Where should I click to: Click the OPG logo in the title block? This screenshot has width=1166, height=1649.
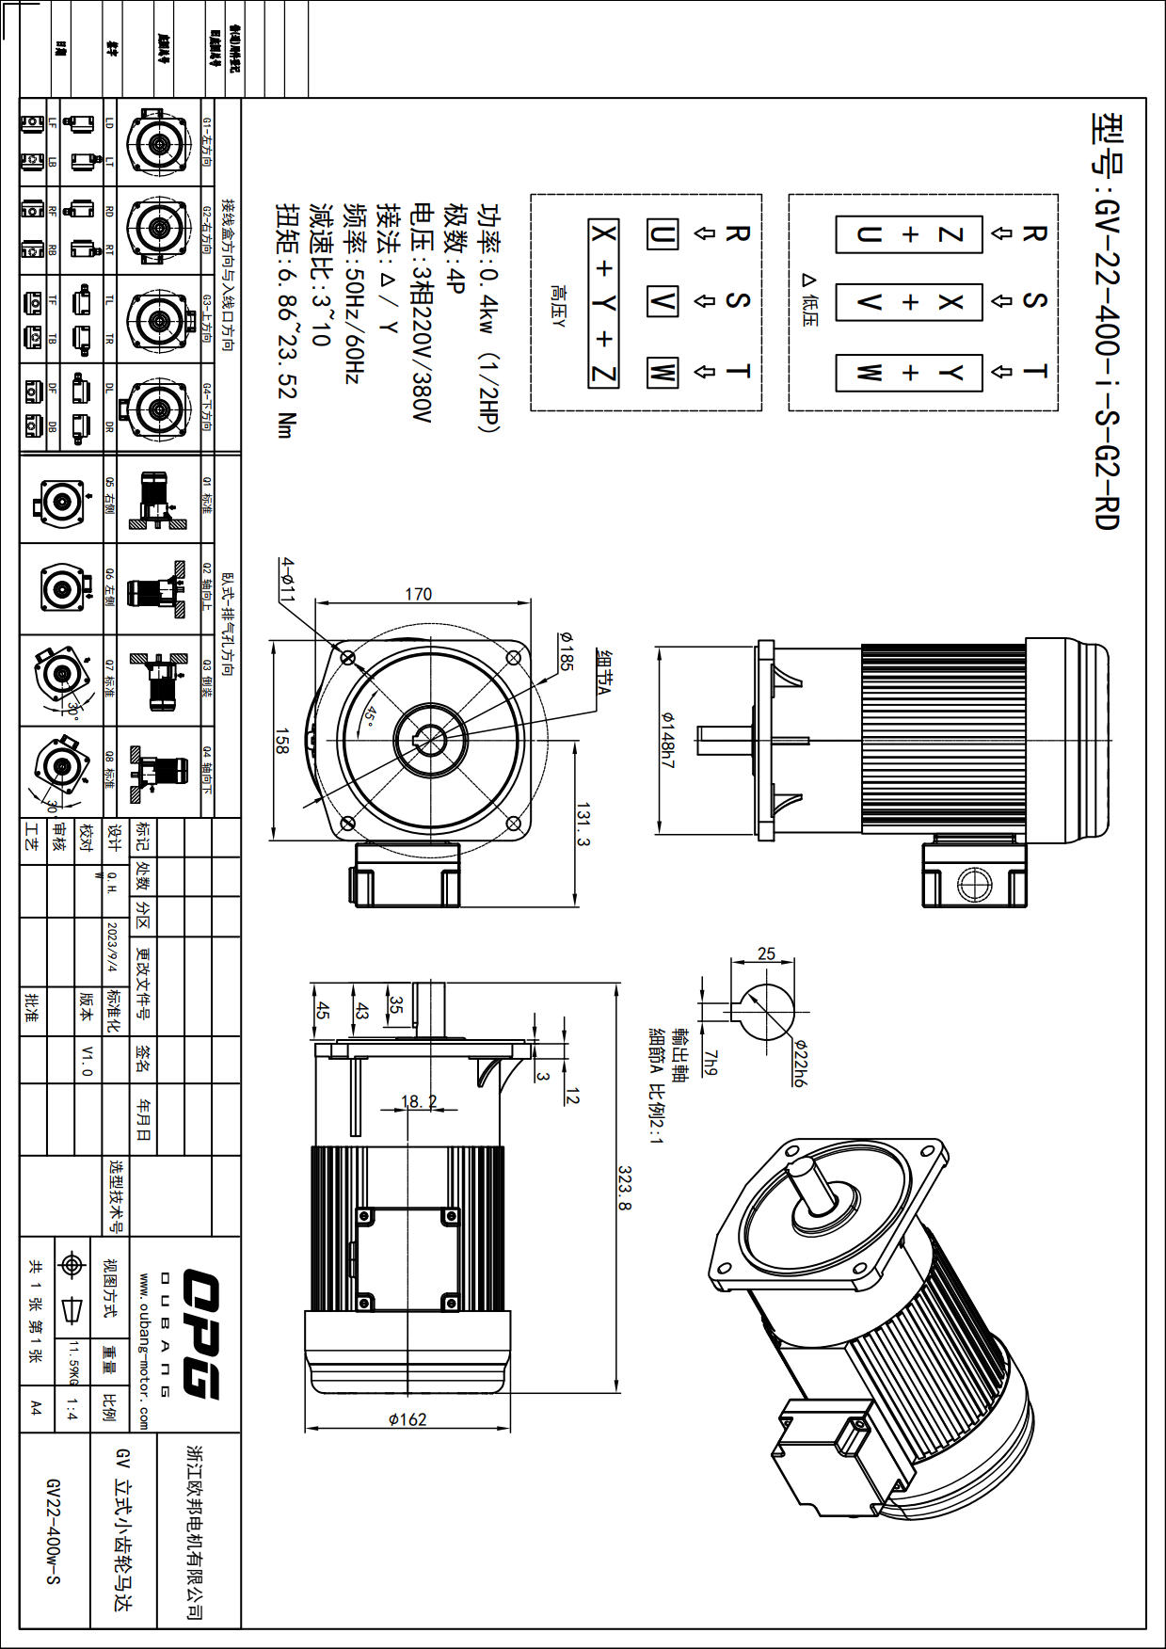[x=200, y=1334]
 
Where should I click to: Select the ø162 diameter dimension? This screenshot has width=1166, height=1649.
[x=407, y=1418]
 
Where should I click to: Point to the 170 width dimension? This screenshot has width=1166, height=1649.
[x=418, y=594]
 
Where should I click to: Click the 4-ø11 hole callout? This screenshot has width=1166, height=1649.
[x=287, y=579]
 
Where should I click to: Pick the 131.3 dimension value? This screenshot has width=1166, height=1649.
[x=583, y=825]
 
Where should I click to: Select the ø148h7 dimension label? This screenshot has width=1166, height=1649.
[x=667, y=740]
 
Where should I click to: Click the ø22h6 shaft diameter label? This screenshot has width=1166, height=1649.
[x=799, y=1064]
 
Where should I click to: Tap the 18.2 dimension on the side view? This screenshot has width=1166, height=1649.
[x=419, y=1101]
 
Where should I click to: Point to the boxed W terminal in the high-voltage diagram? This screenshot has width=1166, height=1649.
[x=662, y=372]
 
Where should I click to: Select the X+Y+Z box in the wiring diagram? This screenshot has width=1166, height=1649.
[x=603, y=303]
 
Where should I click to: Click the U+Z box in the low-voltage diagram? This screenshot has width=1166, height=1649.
[x=909, y=234]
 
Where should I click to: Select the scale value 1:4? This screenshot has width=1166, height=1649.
[x=72, y=1410]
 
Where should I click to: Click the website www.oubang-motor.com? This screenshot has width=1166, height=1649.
[x=144, y=1352]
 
